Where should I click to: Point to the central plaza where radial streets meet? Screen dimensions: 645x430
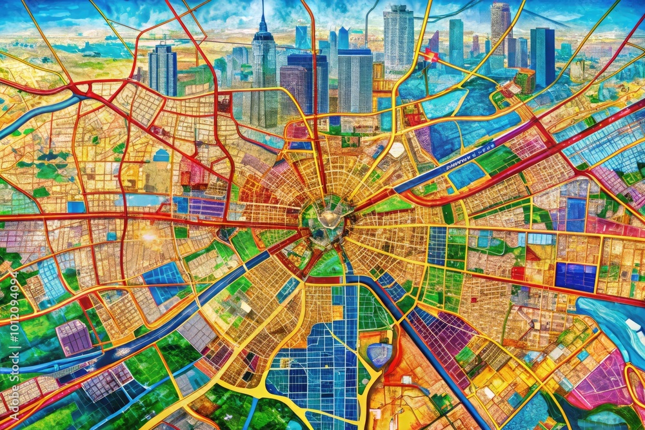pos(327,219)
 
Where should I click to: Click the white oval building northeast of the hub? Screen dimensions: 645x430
pos(397,150)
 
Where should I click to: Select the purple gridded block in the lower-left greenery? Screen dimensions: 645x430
pos(74,336)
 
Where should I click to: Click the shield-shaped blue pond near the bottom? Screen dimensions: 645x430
pos(379,354)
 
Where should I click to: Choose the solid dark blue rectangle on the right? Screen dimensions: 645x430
pos(575,276)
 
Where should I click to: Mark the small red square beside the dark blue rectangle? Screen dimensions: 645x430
pos(518,273)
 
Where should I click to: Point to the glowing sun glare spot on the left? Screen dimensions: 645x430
pos(150,237)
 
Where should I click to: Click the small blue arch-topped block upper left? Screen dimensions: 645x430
pos(161,155)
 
